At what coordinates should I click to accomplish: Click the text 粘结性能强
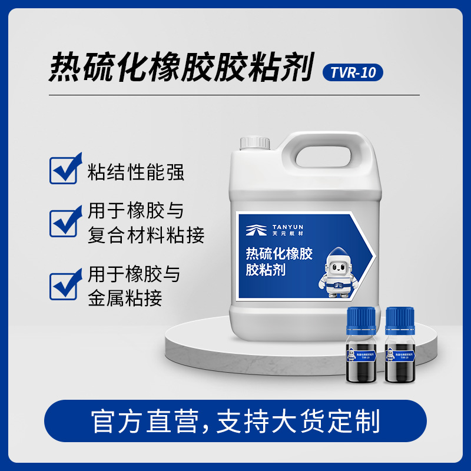[135, 172]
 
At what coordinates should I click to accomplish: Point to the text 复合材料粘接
[146, 235]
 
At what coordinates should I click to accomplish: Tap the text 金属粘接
[124, 298]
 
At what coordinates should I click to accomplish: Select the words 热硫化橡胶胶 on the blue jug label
[279, 254]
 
